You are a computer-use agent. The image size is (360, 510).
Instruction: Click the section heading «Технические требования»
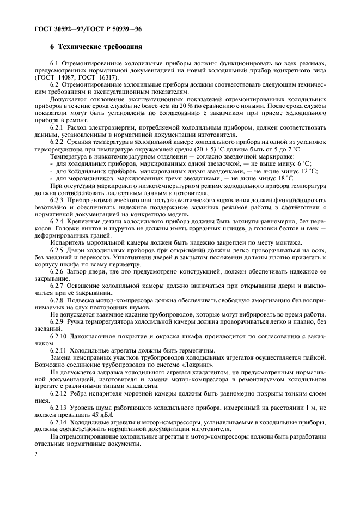tap(100, 47)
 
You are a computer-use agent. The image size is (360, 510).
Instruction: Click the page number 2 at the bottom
tap(35, 453)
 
